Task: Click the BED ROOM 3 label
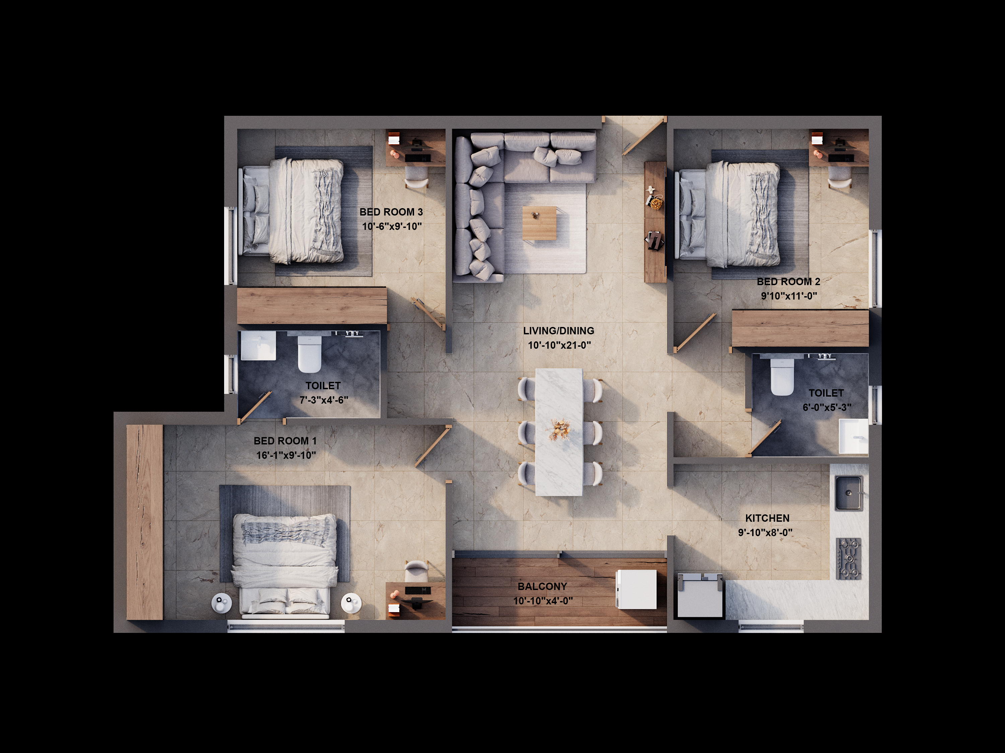pos(391,212)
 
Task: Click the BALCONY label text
pos(542,586)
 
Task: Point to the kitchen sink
pos(849,493)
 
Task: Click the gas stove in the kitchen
pos(849,559)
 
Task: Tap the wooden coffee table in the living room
pos(539,223)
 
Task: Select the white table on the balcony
pos(636,589)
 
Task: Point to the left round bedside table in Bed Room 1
pos(222,603)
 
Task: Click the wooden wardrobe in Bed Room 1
pos(144,522)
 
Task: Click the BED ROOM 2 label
pos(789,281)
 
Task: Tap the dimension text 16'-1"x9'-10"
pos(286,455)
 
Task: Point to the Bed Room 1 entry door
pos(433,446)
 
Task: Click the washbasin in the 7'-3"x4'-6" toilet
pos(258,345)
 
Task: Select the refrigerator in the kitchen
pos(700,595)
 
